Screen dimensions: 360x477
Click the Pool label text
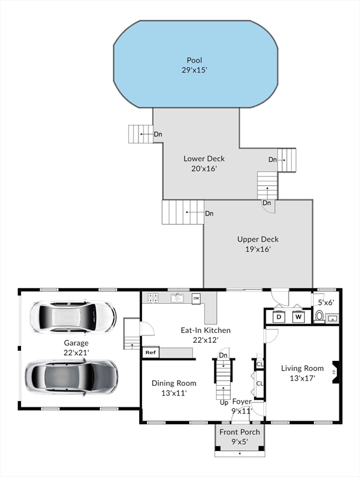click(194, 60)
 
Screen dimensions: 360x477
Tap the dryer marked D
click(279, 317)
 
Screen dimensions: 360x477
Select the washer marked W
click(299, 317)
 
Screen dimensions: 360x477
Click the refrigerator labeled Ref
click(151, 352)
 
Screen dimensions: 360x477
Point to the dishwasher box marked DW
click(196, 298)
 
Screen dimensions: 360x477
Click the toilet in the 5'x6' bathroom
click(319, 316)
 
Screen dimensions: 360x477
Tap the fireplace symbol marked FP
click(335, 372)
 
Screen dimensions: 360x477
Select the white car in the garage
click(73, 317)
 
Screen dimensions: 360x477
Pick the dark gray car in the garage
click(71, 378)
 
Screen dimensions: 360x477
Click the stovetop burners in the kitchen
click(153, 298)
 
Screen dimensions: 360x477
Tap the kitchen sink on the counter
click(177, 298)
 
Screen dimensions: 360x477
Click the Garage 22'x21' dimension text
click(76, 352)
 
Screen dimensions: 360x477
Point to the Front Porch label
click(240, 432)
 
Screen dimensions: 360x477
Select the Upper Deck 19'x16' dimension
click(258, 249)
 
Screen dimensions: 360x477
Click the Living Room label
click(302, 368)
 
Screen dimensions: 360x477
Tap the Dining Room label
click(174, 383)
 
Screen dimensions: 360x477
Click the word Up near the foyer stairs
click(224, 402)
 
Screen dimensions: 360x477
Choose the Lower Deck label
click(204, 158)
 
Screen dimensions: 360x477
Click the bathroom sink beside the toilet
click(332, 319)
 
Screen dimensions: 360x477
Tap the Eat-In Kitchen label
click(205, 330)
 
